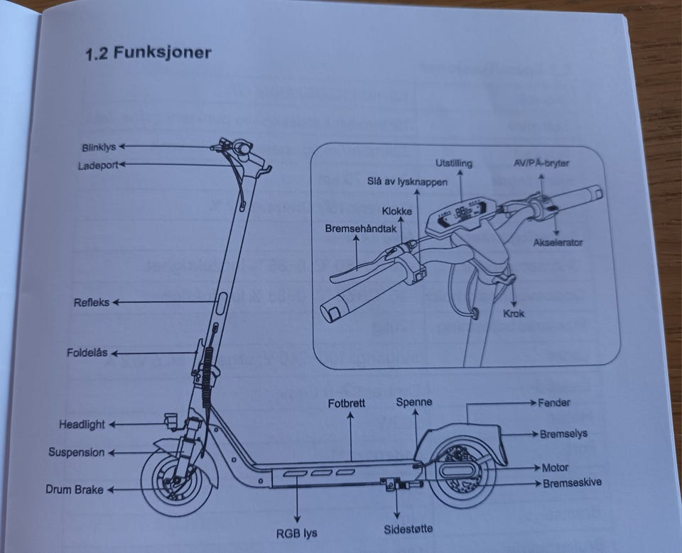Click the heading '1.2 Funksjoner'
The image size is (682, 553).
tap(148, 54)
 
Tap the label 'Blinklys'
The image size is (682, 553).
tap(99, 148)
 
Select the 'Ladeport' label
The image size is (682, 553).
tap(97, 166)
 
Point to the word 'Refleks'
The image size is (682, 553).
tap(92, 302)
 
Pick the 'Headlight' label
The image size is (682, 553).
tap(82, 424)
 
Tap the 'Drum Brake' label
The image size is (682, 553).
tap(75, 489)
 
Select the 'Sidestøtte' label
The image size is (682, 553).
tap(408, 528)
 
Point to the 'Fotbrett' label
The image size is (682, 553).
tap(347, 403)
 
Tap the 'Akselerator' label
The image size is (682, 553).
tap(558, 242)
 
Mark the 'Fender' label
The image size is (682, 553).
tap(554, 402)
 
